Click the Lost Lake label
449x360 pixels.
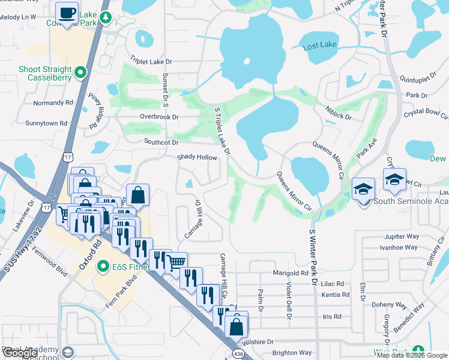coord(320,46)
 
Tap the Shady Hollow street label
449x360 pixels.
coord(196,157)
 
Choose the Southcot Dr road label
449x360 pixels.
coord(161,142)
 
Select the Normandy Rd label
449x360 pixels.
coord(53,103)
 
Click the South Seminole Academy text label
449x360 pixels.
coord(411,202)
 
